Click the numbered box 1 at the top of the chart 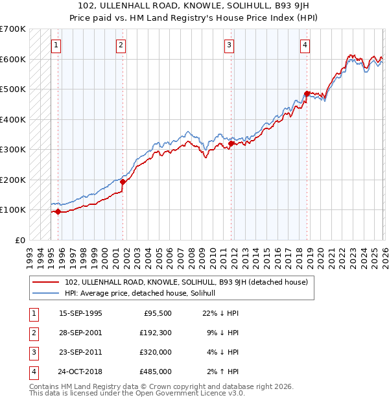(x=57, y=45)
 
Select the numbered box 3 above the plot (x=230, y=45)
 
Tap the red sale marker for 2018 (x=307, y=93)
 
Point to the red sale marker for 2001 (x=123, y=182)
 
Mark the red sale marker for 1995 (x=58, y=211)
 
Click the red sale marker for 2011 (x=230, y=143)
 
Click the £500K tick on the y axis (x=13, y=89)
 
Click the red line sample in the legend (x=46, y=283)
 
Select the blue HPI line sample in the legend (x=46, y=293)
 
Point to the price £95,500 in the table (x=158, y=313)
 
